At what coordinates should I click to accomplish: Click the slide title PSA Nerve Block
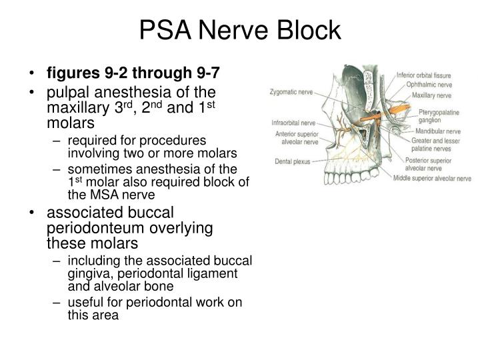click(x=239, y=31)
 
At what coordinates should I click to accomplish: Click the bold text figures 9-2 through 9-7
click(x=132, y=72)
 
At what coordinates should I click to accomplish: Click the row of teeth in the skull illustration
click(x=361, y=175)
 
